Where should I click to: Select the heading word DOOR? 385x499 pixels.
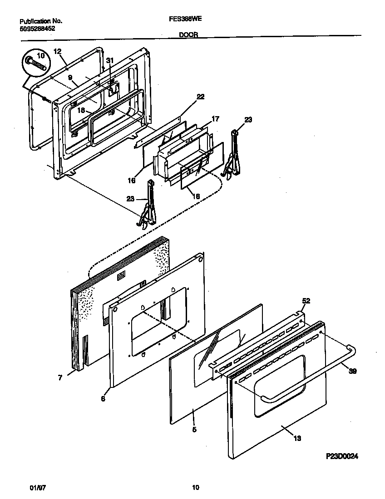188,34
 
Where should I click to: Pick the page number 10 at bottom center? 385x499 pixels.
195,488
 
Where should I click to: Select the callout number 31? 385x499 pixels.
109,60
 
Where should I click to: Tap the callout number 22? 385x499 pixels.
200,97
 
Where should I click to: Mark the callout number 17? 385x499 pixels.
215,119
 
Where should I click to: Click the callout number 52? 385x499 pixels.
306,301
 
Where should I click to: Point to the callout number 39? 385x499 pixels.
353,371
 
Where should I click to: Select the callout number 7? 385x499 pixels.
60,377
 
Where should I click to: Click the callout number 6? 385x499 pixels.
103,399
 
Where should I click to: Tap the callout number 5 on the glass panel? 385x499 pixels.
194,429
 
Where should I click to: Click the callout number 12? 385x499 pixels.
57,51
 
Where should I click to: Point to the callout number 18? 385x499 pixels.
81,110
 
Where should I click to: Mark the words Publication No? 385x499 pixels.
41,21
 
